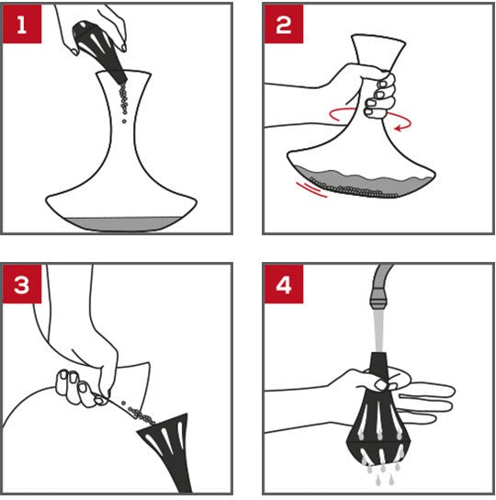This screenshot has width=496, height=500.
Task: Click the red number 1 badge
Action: tap(22, 24)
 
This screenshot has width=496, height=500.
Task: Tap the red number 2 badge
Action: tap(284, 24)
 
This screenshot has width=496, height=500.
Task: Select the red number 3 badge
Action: tap(22, 284)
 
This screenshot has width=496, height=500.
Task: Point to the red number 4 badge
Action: tap(284, 284)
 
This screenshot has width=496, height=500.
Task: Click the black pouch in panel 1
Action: tap(99, 51)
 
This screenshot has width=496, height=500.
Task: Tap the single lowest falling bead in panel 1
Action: tap(124, 121)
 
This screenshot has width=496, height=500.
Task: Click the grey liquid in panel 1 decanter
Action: tap(123, 224)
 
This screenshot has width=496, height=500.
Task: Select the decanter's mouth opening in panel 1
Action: tap(124, 73)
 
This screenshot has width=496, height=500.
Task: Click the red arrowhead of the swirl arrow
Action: tap(398, 129)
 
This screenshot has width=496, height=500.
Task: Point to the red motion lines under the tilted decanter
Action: tap(310, 189)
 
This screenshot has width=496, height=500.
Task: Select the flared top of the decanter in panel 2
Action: tap(378, 52)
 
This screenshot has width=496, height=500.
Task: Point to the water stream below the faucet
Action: tap(378, 331)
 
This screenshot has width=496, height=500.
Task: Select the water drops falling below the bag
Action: tap(383, 473)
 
